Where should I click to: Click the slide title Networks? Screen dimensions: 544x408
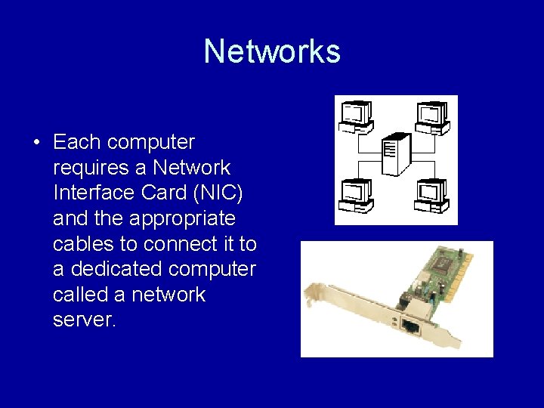click(272, 51)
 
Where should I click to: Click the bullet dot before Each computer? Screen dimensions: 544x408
click(36, 143)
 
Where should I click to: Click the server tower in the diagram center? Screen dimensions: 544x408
click(396, 155)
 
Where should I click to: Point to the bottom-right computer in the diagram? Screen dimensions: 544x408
click(433, 195)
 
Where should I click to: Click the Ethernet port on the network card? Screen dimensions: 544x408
click(410, 326)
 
